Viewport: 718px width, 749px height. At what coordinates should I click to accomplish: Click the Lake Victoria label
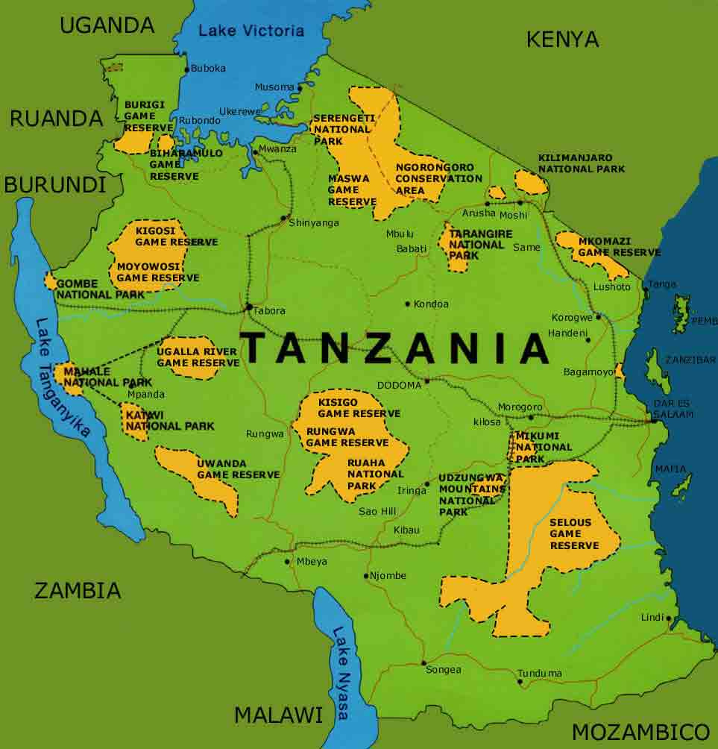click(x=252, y=31)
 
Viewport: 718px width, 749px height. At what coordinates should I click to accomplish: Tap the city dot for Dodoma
click(x=427, y=382)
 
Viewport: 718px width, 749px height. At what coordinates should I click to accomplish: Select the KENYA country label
click(x=562, y=40)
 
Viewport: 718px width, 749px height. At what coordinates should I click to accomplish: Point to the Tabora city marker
click(x=248, y=307)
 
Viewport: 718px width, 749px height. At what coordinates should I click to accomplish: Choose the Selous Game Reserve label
click(x=574, y=534)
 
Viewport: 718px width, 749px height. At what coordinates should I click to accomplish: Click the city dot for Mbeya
click(x=288, y=562)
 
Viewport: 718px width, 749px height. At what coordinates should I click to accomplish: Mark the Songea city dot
click(x=423, y=662)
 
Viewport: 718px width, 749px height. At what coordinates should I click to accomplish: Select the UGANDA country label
click(x=107, y=25)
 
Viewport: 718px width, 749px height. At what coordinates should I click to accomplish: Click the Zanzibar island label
click(x=690, y=360)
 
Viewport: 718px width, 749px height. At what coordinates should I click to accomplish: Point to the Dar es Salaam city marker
click(x=654, y=421)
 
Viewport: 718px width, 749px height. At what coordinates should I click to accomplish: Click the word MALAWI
click(x=278, y=715)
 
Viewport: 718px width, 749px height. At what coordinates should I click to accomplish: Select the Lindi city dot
click(x=669, y=618)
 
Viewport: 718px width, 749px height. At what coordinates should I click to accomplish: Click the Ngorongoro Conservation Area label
click(x=438, y=178)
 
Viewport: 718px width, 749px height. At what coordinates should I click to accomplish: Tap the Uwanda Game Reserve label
click(x=238, y=469)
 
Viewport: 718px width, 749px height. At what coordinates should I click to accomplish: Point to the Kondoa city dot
click(x=408, y=304)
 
